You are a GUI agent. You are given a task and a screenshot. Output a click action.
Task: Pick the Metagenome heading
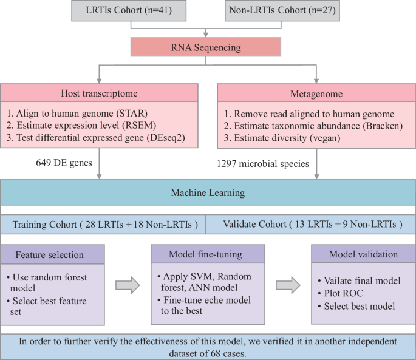point(316,93)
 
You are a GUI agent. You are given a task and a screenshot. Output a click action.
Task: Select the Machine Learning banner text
point(208,192)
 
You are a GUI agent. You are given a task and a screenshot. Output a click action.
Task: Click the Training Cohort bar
point(103,223)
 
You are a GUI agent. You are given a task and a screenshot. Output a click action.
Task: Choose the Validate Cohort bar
point(311,223)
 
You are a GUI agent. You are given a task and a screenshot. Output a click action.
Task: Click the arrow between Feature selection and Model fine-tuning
point(127,285)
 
